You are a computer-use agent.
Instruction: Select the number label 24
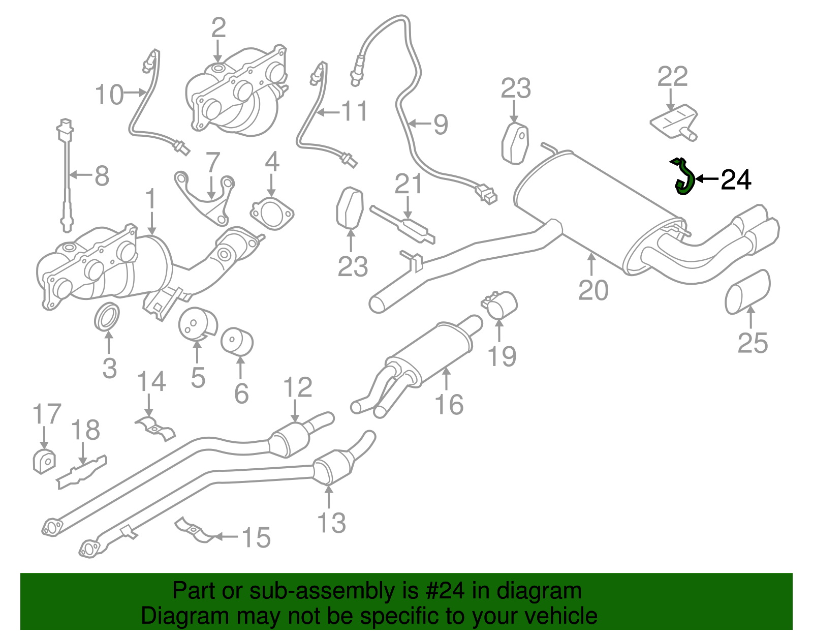tap(736, 179)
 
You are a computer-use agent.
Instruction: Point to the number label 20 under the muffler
tap(593, 290)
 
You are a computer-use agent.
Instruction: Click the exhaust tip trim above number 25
tap(747, 292)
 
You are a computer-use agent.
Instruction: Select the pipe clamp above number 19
tap(499, 304)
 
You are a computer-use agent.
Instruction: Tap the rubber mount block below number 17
tap(44, 461)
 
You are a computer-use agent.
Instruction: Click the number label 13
tap(331, 523)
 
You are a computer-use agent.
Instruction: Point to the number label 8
tap(102, 176)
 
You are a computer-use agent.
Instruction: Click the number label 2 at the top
tap(218, 28)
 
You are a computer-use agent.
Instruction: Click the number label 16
tap(449, 404)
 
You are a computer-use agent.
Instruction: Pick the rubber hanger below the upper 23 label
tap(515, 143)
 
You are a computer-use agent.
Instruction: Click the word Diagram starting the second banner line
tap(171, 616)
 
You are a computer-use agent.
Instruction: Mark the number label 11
tap(354, 111)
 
